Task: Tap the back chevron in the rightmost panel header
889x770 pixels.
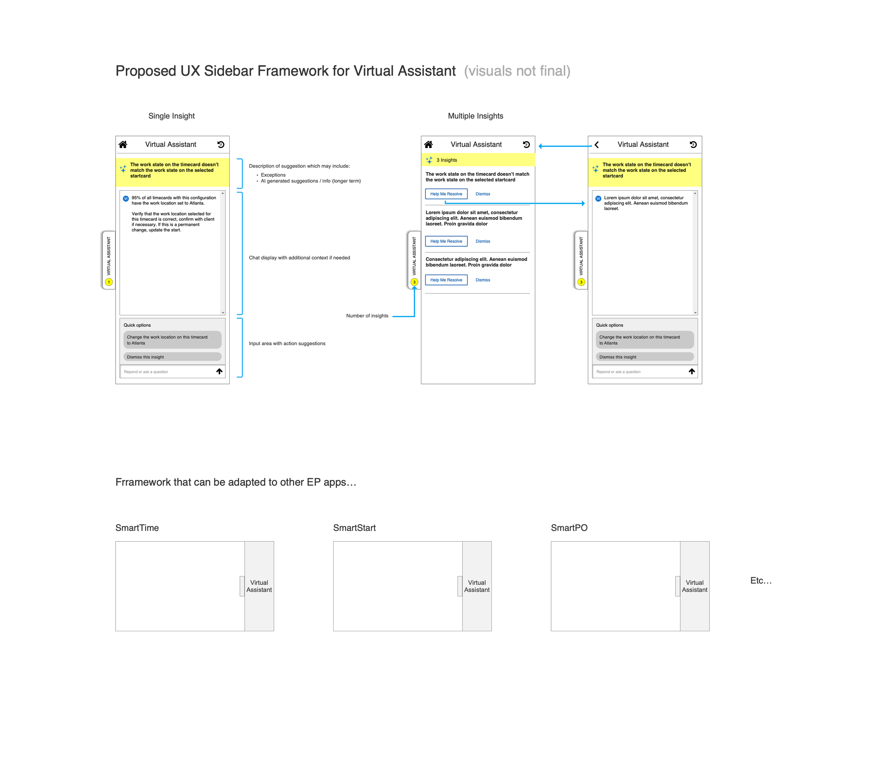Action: pyautogui.click(x=597, y=145)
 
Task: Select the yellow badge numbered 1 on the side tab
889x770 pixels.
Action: pyautogui.click(x=109, y=282)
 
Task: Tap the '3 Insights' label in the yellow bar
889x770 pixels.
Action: pyautogui.click(x=447, y=160)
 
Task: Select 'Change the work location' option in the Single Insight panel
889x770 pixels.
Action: pyautogui.click(x=172, y=340)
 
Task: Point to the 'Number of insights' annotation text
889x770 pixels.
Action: pyautogui.click(x=367, y=316)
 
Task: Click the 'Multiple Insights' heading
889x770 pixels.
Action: pyautogui.click(x=475, y=116)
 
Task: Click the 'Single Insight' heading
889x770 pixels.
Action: pyautogui.click(x=171, y=116)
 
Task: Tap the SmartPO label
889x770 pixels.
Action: pyautogui.click(x=569, y=528)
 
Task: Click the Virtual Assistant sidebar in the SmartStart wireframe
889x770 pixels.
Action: pyautogui.click(x=477, y=586)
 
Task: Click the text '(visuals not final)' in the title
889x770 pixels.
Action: pyautogui.click(x=517, y=71)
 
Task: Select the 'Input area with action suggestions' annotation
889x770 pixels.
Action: pyautogui.click(x=287, y=343)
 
